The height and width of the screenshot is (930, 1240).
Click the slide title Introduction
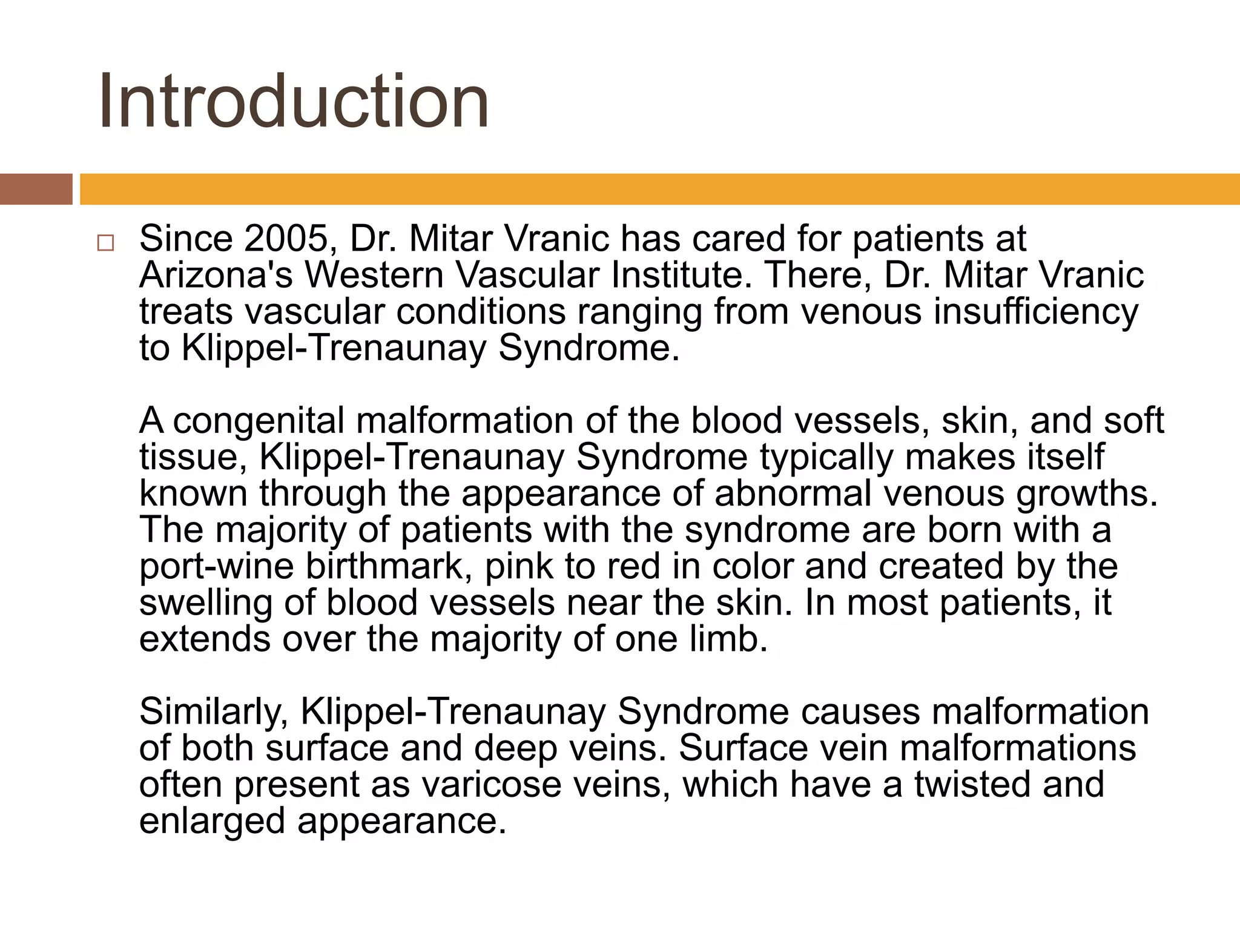pos(294,101)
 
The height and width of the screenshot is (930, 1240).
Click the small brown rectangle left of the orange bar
pos(36,189)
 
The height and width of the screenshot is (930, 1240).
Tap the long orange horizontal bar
pos(660,189)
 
